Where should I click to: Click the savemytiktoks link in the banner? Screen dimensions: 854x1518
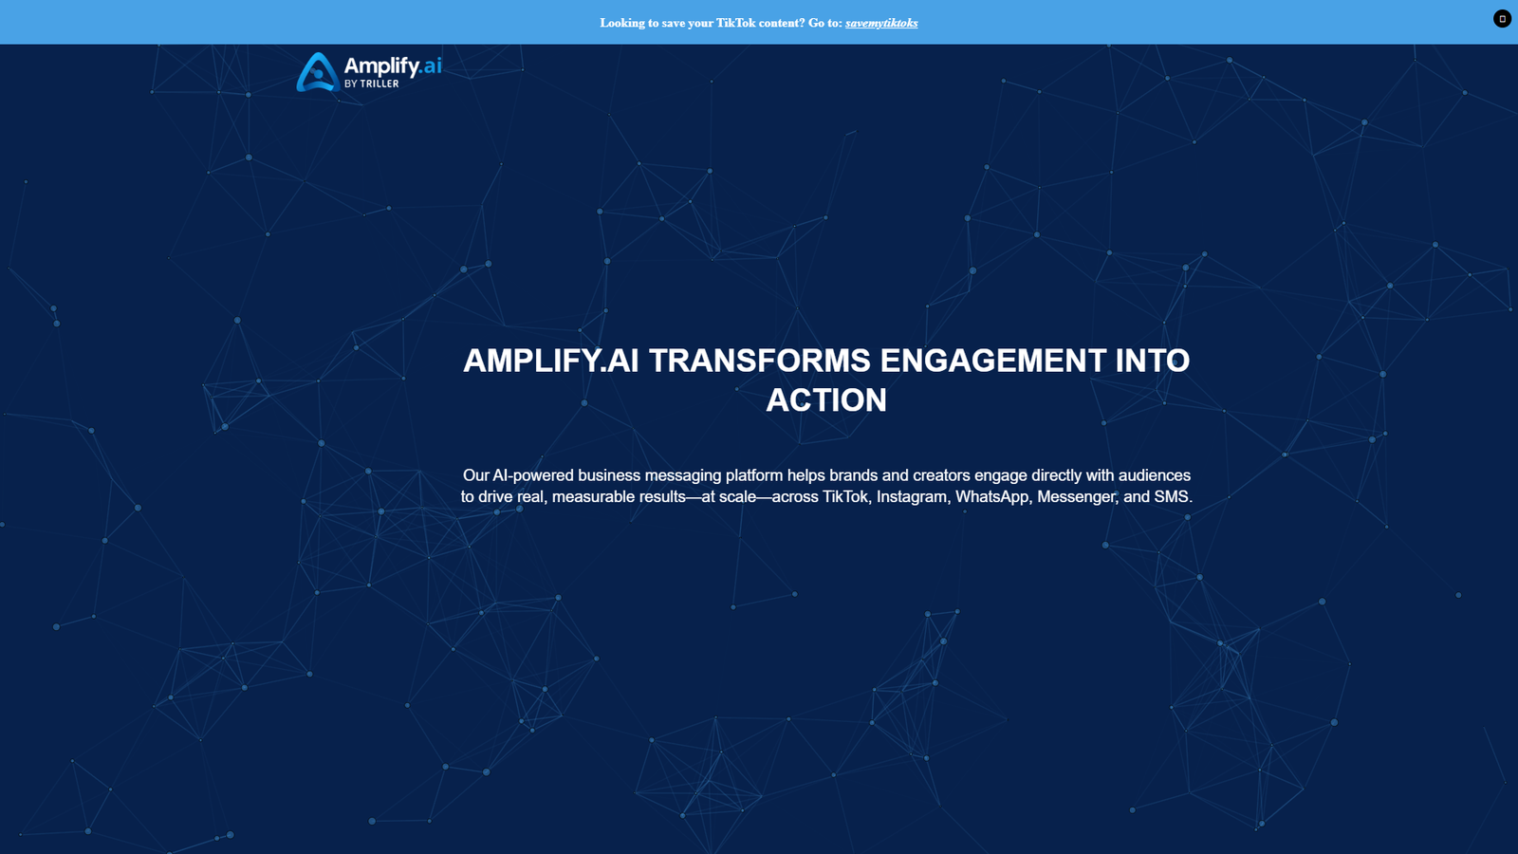pos(881,23)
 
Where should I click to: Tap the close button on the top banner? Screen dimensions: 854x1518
pos(1502,19)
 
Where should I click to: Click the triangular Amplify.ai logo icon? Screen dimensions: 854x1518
pos(317,72)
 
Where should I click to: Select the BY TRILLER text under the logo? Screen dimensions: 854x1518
pos(372,84)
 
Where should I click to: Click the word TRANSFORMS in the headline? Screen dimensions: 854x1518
pos(759,361)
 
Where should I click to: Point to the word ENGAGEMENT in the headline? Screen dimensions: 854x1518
pos(992,361)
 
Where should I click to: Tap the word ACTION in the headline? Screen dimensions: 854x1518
pos(826,400)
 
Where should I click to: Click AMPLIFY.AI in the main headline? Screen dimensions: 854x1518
pos(550,361)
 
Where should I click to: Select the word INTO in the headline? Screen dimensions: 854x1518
pos(1152,361)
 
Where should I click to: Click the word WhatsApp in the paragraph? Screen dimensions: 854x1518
pos(991,497)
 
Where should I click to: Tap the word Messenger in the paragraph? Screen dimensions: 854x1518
pos(1077,497)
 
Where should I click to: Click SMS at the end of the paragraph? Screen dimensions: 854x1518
pos(1172,497)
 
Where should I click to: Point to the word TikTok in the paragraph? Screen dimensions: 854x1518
pos(845,497)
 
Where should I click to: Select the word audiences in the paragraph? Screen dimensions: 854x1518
pos(1155,475)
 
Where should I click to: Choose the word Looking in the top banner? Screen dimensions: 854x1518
pos(622,23)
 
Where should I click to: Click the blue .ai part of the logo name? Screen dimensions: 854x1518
pos(432,65)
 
